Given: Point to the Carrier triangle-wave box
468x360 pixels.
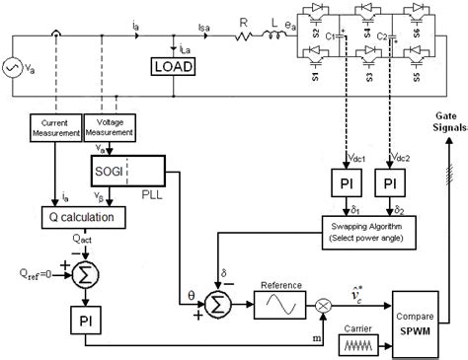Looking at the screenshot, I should pos(359,341).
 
